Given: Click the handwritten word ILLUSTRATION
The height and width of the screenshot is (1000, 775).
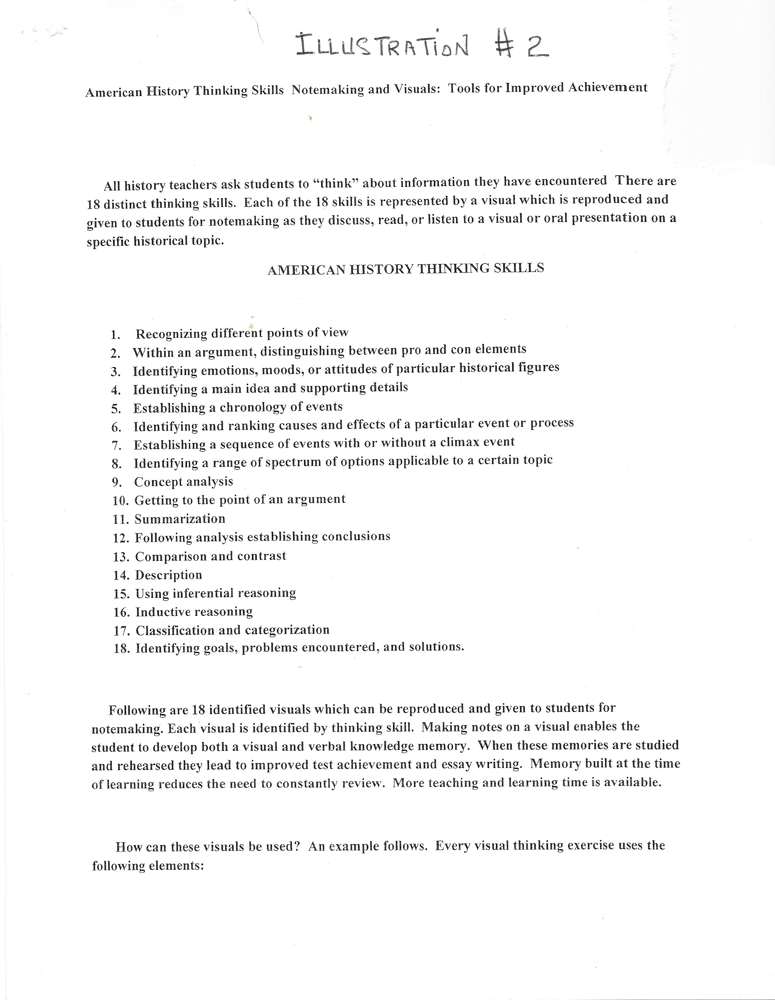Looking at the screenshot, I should tap(382, 46).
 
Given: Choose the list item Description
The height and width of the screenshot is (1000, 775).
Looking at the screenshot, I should tap(168, 575).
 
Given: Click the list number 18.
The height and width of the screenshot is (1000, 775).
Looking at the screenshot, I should tap(122, 649).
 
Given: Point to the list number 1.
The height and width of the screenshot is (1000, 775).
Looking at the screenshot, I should tap(115, 335).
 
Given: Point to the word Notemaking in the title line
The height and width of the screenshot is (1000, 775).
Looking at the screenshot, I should tap(327, 89).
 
